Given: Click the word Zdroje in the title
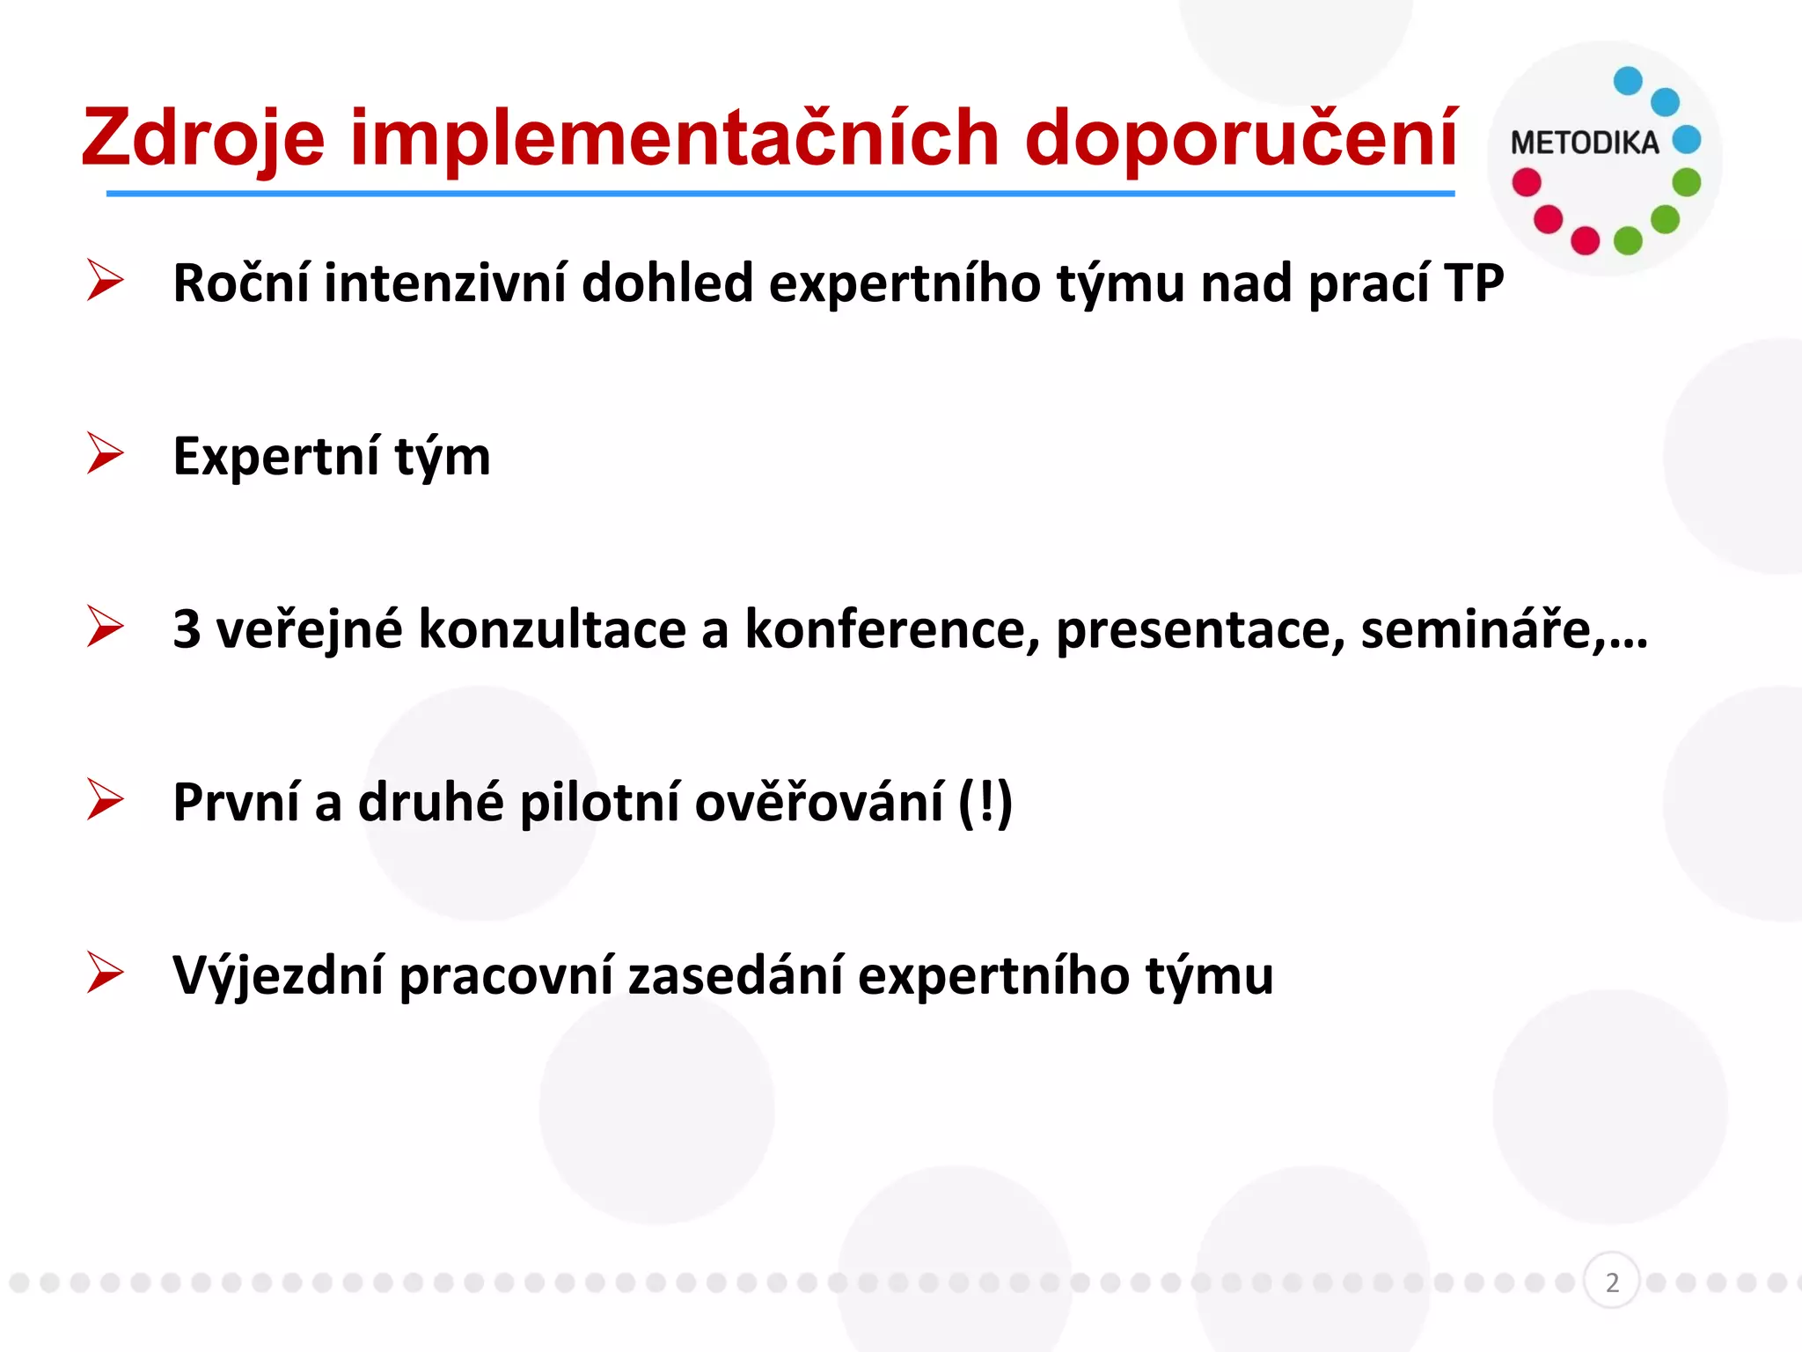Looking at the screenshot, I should coord(203,138).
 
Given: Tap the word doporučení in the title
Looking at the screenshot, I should coord(1241,138).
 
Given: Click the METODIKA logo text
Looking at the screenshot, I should coord(1584,143).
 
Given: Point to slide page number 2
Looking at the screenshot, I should coord(1611,1282).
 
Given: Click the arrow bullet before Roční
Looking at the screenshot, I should coord(106,282).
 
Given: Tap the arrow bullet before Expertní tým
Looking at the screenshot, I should coord(106,454).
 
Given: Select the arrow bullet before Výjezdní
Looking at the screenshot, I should coord(106,974).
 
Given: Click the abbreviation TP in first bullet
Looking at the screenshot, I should coord(1474,283).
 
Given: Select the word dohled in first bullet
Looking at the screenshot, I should coord(667,283).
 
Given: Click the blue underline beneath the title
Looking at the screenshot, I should coord(780,193).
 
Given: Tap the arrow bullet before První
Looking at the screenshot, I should coord(106,801).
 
